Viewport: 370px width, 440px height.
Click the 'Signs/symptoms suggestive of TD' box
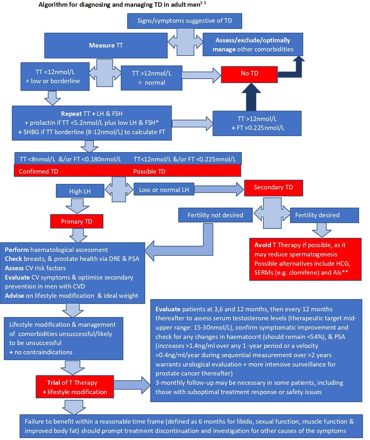pyautogui.click(x=185, y=21)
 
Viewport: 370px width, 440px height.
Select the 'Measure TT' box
pyautogui.click(x=106, y=45)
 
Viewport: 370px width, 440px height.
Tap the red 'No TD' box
pyautogui.click(x=250, y=73)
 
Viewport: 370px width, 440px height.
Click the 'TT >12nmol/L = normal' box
pyautogui.click(x=151, y=78)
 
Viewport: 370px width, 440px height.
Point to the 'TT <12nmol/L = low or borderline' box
pyautogui.click(x=53, y=77)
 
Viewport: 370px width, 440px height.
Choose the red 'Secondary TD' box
pyautogui.click(x=273, y=187)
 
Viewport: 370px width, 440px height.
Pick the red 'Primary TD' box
pyautogui.click(x=76, y=221)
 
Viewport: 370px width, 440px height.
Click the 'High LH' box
pyautogui.click(x=80, y=191)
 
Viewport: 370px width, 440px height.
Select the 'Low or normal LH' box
pyautogui.click(x=164, y=190)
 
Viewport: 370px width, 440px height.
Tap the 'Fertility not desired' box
pyautogui.click(x=215, y=215)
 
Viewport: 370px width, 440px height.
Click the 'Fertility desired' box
pyautogui.click(x=324, y=215)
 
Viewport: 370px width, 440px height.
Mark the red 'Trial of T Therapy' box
pyautogui.click(x=75, y=387)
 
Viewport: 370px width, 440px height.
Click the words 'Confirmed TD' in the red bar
pyautogui.click(x=39, y=171)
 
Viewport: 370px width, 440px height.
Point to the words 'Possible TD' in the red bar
pyautogui.click(x=149, y=171)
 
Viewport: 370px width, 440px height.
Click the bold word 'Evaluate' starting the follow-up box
pyautogui.click(x=168, y=309)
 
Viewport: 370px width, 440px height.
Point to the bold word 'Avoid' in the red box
pyautogui.click(x=263, y=245)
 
